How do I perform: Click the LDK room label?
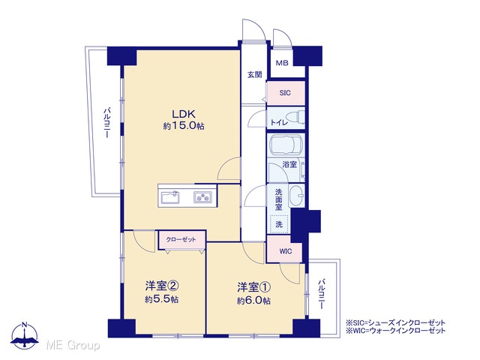[184, 114]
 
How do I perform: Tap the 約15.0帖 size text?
[184, 126]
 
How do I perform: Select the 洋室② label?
[162, 286]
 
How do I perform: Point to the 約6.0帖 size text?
[253, 301]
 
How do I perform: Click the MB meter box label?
[282, 63]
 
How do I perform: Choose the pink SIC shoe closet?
[286, 93]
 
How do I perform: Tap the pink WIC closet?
[285, 249]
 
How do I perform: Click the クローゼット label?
[181, 239]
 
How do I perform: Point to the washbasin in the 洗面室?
[296, 195]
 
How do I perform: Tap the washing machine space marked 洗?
[279, 224]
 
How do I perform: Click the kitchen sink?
[170, 196]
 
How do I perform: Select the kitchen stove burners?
[202, 196]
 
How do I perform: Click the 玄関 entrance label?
[255, 74]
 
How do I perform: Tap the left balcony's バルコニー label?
[106, 122]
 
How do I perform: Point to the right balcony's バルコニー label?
[322, 293]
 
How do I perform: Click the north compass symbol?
[25, 335]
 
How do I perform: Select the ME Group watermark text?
[73, 346]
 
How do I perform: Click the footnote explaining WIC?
[395, 331]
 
